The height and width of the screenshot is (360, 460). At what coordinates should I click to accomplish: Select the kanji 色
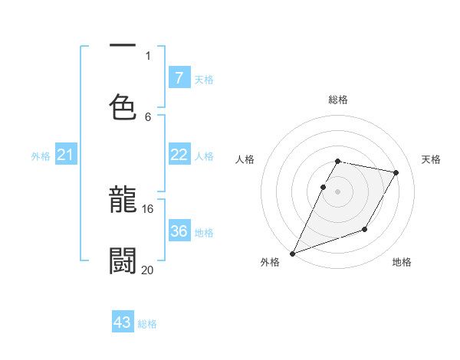click(123, 107)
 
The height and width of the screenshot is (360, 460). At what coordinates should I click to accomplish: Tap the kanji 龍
click(123, 201)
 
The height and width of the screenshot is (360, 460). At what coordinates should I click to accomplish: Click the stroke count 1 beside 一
click(148, 55)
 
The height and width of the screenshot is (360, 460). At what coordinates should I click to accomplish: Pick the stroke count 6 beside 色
click(148, 116)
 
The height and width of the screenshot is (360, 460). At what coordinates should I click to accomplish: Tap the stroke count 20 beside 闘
click(148, 270)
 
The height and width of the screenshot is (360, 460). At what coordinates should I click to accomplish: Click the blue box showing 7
click(179, 77)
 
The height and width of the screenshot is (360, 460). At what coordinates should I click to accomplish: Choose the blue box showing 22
click(179, 155)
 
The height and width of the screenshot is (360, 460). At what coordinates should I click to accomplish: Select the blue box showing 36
click(179, 231)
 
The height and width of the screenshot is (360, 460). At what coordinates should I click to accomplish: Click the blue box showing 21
click(66, 155)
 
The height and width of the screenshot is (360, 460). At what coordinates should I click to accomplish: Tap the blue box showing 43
click(123, 322)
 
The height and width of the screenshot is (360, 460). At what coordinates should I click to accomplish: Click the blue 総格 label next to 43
click(148, 324)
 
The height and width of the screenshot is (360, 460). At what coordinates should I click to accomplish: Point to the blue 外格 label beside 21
click(41, 156)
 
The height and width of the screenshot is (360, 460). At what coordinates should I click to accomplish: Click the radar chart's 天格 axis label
click(432, 159)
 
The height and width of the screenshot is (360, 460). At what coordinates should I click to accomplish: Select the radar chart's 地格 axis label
click(402, 262)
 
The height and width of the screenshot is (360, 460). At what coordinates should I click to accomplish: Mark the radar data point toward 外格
click(292, 254)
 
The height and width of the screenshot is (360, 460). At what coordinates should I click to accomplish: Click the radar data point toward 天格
click(396, 173)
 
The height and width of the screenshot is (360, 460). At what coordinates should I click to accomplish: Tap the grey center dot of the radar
click(337, 191)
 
